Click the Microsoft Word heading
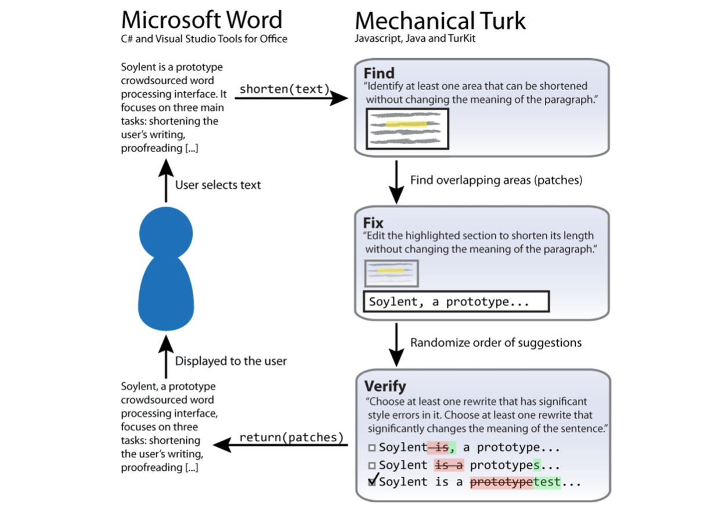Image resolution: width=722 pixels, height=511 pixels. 201,20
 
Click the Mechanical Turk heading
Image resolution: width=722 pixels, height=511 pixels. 440,21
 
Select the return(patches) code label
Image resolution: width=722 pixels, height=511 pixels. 291,437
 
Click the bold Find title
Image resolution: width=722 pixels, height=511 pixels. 379,74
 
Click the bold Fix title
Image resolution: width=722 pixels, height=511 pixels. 374,223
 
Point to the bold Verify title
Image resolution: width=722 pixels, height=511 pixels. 385,386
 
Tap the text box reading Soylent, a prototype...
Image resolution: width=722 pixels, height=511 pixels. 456,302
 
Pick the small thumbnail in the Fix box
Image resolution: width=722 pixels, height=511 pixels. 391,273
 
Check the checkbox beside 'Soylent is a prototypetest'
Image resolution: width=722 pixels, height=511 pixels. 371,481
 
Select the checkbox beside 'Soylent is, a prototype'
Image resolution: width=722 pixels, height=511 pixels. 371,448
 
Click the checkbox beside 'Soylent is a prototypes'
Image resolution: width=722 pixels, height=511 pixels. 371,465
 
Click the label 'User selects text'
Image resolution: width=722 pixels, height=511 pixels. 218,185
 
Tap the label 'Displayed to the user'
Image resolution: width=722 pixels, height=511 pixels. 231,361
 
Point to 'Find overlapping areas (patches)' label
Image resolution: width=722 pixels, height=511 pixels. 496,180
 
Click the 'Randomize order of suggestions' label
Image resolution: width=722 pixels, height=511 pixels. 496,343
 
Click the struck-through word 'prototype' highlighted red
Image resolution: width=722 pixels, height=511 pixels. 501,482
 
